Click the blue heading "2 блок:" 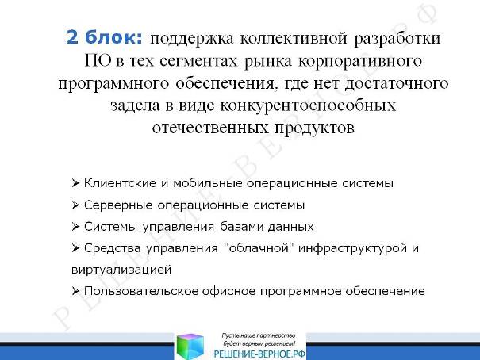click(x=105, y=37)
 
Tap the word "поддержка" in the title click(x=192, y=39)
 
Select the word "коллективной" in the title click(x=294, y=39)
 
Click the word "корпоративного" click(x=360, y=62)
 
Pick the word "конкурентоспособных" click(x=308, y=106)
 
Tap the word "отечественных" click(x=210, y=128)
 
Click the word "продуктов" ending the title click(x=314, y=128)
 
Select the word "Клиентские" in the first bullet click(x=120, y=183)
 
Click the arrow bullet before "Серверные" click(x=75, y=205)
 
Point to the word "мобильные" click(x=208, y=183)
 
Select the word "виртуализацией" click(x=121, y=270)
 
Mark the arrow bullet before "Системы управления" click(x=75, y=227)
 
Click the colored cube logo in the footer click(x=190, y=347)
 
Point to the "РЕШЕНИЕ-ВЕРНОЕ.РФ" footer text click(x=259, y=354)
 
